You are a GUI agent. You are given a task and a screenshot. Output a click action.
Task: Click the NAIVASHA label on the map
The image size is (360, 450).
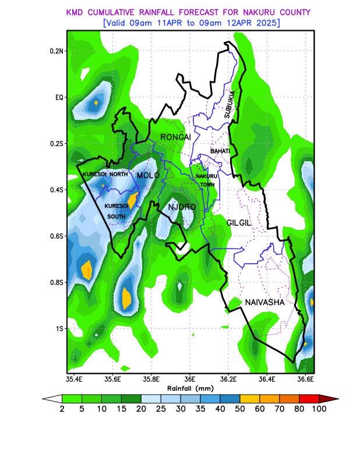pos(264,303)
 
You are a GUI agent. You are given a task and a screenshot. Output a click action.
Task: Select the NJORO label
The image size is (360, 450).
pos(182,207)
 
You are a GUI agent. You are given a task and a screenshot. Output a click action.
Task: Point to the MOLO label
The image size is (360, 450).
pos(147,175)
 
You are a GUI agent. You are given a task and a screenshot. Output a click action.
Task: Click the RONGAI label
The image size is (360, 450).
pos(175,137)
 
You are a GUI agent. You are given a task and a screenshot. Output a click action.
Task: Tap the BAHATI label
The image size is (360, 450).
pos(220,151)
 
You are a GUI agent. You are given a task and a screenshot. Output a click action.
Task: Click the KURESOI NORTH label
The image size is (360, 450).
pos(104,175)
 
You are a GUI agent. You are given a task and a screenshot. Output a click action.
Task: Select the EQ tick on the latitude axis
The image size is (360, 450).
pos(58,97)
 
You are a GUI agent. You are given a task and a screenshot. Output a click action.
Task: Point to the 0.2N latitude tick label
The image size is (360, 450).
pos(57,51)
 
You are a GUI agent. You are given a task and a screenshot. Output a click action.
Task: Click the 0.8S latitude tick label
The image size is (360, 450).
pos(57,282)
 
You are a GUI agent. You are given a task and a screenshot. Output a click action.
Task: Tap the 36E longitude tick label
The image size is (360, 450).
pos(189,379)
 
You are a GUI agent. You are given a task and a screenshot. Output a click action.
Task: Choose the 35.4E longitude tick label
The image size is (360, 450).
pos(74,379)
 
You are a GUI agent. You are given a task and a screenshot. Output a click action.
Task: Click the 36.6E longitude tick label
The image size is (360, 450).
pos(305,379)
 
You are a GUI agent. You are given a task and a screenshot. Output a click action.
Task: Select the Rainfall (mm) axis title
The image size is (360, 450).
pos(190,388)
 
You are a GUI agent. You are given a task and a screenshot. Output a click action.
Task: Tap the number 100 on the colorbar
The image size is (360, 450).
pos(318,409)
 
